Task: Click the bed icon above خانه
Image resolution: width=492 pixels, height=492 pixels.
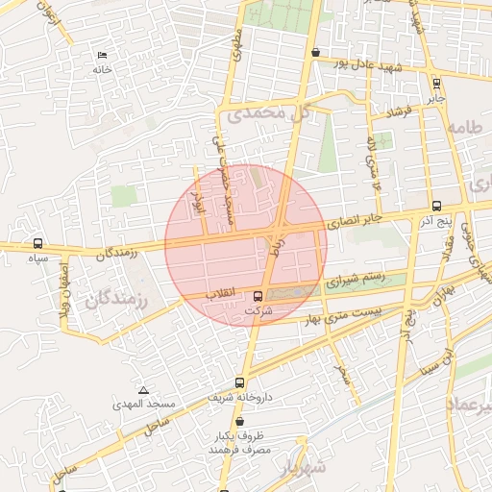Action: pos(102,56)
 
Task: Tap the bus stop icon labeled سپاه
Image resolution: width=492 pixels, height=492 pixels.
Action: pos(38,243)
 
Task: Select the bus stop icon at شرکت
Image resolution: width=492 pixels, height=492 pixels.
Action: pos(258,297)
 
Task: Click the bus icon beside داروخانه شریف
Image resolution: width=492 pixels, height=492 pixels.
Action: pos(239,381)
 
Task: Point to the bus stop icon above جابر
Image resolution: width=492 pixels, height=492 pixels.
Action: pos(437,84)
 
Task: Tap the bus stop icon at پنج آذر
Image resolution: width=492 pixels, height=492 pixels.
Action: pos(437,206)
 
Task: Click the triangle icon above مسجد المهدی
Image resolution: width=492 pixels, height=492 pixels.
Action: pos(143,390)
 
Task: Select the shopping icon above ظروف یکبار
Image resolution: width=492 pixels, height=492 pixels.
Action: pos(239,421)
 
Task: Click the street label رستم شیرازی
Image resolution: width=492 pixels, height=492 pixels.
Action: pos(354,281)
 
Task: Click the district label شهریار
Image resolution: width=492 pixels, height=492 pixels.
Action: pos(307,467)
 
